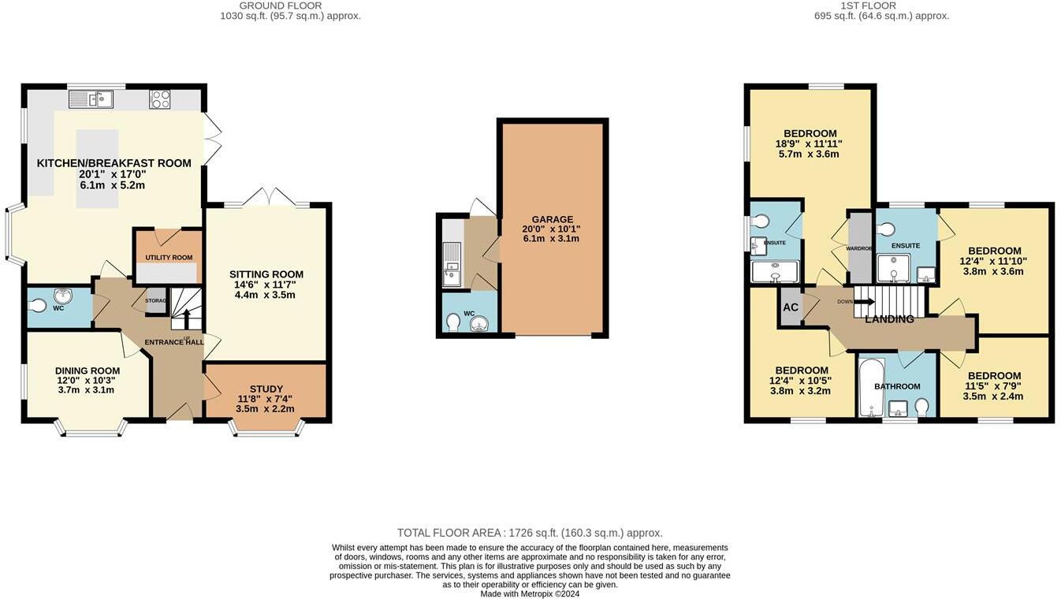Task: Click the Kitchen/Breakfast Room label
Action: click(114, 163)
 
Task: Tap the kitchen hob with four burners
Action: click(160, 99)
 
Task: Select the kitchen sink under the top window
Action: click(91, 99)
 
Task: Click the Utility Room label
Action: click(169, 258)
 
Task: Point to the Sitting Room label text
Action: click(266, 274)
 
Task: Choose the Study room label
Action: click(266, 389)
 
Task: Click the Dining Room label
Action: click(87, 370)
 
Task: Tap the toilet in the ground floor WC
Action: click(37, 306)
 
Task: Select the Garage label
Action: click(552, 219)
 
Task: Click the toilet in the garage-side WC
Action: click(453, 322)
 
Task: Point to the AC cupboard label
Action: click(790, 307)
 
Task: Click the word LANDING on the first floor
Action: click(889, 319)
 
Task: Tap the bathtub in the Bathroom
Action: click(870, 388)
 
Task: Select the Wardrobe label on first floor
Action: click(859, 248)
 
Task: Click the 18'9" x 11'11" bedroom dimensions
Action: click(810, 143)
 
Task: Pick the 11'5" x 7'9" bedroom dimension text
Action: click(993, 386)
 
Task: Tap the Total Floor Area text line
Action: click(530, 533)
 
